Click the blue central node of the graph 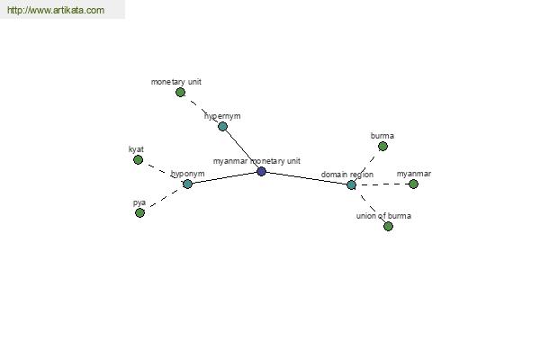pos(261,171)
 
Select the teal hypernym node pos(223,126)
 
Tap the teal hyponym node pos(187,184)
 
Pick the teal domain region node pos(351,185)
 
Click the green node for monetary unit pos(180,93)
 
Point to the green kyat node pos(138,160)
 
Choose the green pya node pos(139,213)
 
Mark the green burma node pos(382,147)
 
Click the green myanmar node pos(413,184)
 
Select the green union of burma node pos(388,226)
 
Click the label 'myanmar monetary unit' pos(256,161)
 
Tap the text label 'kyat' pos(136,149)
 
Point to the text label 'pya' pos(139,202)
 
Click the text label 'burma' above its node pos(382,136)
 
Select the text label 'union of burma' pos(383,216)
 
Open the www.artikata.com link pos(56,10)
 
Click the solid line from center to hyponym pos(224,178)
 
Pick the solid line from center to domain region pos(306,178)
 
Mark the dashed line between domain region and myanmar pos(382,184)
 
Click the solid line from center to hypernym pos(242,148)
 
